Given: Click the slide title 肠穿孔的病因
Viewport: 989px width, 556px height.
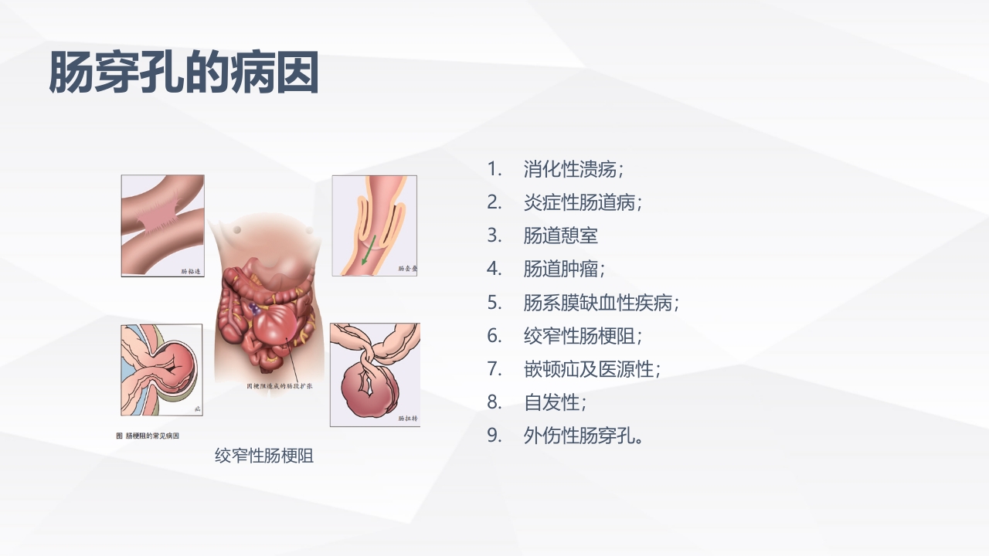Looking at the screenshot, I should coord(184,73).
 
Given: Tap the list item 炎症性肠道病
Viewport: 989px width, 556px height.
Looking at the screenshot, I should coord(582,202).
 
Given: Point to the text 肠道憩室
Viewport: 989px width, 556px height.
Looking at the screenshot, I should coord(560,236).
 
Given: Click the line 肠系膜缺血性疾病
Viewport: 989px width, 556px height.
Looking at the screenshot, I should coord(600,303).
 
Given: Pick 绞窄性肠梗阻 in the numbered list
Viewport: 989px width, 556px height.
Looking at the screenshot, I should coord(582,336).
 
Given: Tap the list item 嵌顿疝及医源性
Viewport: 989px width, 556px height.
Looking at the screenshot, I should coord(591,369).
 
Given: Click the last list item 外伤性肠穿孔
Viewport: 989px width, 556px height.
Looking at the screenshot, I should coord(583,436).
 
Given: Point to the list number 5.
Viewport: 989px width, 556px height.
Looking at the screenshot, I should coord(494,303).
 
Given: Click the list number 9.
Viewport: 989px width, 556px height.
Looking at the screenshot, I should coord(494,436).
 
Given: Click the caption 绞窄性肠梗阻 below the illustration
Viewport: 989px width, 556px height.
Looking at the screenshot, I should coord(264,456).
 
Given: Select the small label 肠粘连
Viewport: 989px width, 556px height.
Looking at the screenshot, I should coord(190,271).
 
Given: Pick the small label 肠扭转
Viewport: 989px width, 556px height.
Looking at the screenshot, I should coord(407,419).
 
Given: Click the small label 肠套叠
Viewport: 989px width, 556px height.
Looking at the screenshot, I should coord(406,269).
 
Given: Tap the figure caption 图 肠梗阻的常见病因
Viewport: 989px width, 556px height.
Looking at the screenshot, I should coord(148,436).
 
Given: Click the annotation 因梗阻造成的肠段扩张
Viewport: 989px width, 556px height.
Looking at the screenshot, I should coord(278,385).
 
